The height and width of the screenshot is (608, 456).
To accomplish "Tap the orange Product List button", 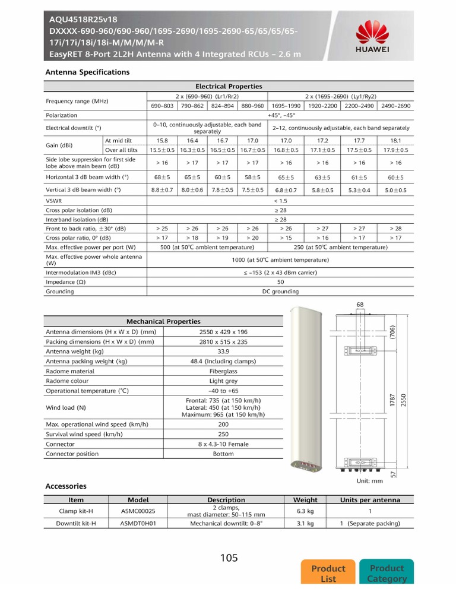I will pyautogui.click(x=328, y=573).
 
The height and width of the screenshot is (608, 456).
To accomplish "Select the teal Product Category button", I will pyautogui.click(x=387, y=573).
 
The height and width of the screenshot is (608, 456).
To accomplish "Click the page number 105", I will pyautogui.click(x=229, y=558).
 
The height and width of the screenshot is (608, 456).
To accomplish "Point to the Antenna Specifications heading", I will pyautogui.click(x=87, y=72).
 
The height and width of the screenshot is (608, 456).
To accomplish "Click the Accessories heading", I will pyautogui.click(x=66, y=486).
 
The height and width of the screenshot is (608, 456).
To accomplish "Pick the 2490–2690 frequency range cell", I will pyautogui.click(x=395, y=106).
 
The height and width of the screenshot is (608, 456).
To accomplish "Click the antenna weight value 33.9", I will pyautogui.click(x=223, y=351).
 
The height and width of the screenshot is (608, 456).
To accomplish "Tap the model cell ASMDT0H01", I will pyautogui.click(x=138, y=523).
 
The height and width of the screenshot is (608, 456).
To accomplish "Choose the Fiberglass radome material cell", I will pyautogui.click(x=223, y=371).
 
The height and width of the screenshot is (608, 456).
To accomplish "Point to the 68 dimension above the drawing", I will pyautogui.click(x=360, y=305).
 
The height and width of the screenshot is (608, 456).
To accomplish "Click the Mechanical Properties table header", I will pyautogui.click(x=163, y=321).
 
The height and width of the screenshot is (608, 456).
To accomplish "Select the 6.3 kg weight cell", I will pyautogui.click(x=305, y=511).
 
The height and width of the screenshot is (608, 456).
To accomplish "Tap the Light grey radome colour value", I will pyautogui.click(x=223, y=381).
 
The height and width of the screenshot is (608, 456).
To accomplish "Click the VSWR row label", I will pyautogui.click(x=54, y=201).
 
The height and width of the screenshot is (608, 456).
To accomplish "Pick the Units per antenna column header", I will pyautogui.click(x=370, y=500).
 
